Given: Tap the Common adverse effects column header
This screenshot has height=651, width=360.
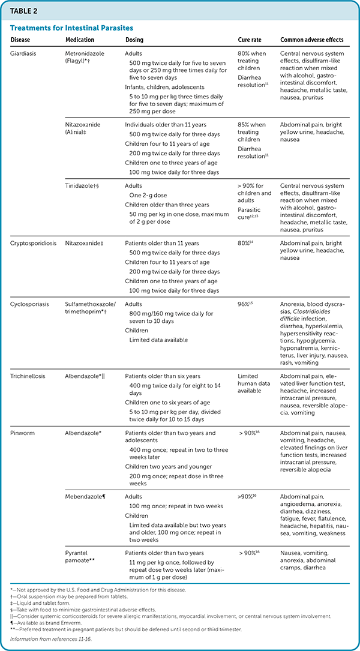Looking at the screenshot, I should [312, 40].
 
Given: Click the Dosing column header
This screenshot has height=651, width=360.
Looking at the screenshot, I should [134, 40].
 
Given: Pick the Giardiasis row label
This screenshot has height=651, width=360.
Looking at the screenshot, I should [25, 53].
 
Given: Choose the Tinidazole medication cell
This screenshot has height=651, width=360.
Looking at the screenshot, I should [82, 186].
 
